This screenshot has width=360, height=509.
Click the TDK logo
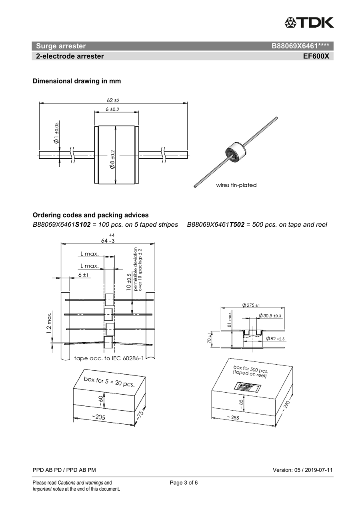click(309, 22)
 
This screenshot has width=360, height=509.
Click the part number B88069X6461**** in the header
click(300, 46)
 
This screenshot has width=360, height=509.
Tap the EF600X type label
click(316, 56)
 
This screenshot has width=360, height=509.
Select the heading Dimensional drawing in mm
click(76, 81)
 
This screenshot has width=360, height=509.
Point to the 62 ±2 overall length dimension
click(113, 100)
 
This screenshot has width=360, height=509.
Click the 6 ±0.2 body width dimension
click(112, 109)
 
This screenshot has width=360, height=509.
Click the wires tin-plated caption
click(236, 185)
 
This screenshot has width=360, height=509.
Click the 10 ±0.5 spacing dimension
click(128, 281)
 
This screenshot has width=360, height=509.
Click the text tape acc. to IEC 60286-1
click(108, 358)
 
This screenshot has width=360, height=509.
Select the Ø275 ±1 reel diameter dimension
click(251, 305)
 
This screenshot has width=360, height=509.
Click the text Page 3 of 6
click(184, 483)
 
